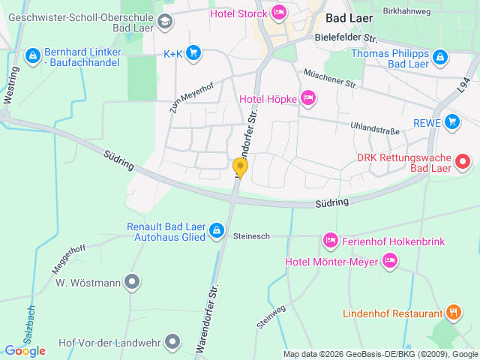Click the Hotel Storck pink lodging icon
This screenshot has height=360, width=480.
click(x=279, y=11)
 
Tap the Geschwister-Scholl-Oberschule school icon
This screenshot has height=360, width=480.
click(x=165, y=21)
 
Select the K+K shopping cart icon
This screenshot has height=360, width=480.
click(x=193, y=52)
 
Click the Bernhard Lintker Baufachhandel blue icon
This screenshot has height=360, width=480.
click(x=32, y=55)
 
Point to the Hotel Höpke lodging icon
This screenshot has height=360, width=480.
click(x=307, y=97)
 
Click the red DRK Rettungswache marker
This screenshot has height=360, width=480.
click(x=463, y=160)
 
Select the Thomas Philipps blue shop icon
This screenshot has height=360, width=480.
click(x=439, y=56)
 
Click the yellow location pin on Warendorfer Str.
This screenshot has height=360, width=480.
click(x=240, y=167)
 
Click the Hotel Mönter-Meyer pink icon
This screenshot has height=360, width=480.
click(x=388, y=261)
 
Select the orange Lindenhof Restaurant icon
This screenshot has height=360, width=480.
click(x=453, y=312)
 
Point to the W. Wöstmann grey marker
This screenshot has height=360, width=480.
click(x=133, y=282)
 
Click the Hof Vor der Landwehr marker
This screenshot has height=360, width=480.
click(x=172, y=342)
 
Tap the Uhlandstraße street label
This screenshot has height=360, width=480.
click(x=374, y=130)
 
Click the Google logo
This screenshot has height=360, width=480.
click(x=25, y=350)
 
